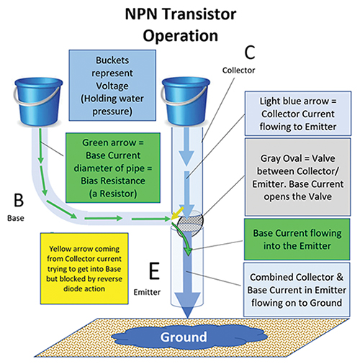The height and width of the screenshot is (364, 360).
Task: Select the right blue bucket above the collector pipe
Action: point(185,97)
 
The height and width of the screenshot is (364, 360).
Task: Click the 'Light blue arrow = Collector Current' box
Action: point(295,115)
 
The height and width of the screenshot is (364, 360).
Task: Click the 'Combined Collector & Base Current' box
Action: point(295,286)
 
